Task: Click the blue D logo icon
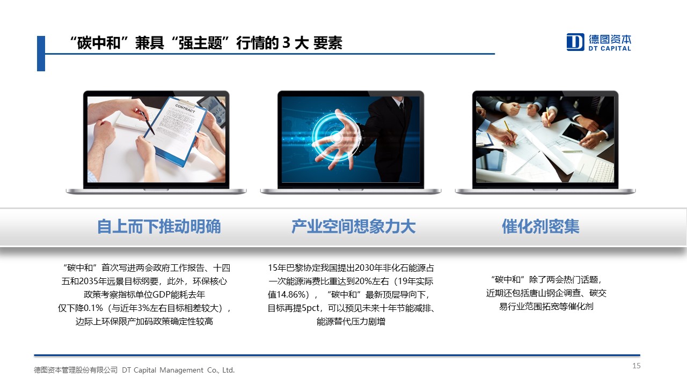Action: pyautogui.click(x=575, y=42)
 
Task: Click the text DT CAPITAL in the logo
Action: pyautogui.click(x=610, y=48)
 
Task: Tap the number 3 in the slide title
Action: pyautogui.click(x=286, y=42)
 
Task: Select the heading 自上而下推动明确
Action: pyautogui.click(x=159, y=227)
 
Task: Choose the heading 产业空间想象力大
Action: pyautogui.click(x=353, y=227)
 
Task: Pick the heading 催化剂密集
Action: pyautogui.click(x=540, y=227)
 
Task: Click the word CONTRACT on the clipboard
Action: pyautogui.click(x=185, y=108)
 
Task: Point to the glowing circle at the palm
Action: pyautogui.click(x=336, y=137)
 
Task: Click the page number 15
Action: pyautogui.click(x=637, y=366)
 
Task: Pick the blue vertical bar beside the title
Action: pyautogui.click(x=41, y=54)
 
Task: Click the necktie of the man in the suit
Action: pyautogui.click(x=401, y=107)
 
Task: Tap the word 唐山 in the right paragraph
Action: pyautogui.click(x=538, y=293)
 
